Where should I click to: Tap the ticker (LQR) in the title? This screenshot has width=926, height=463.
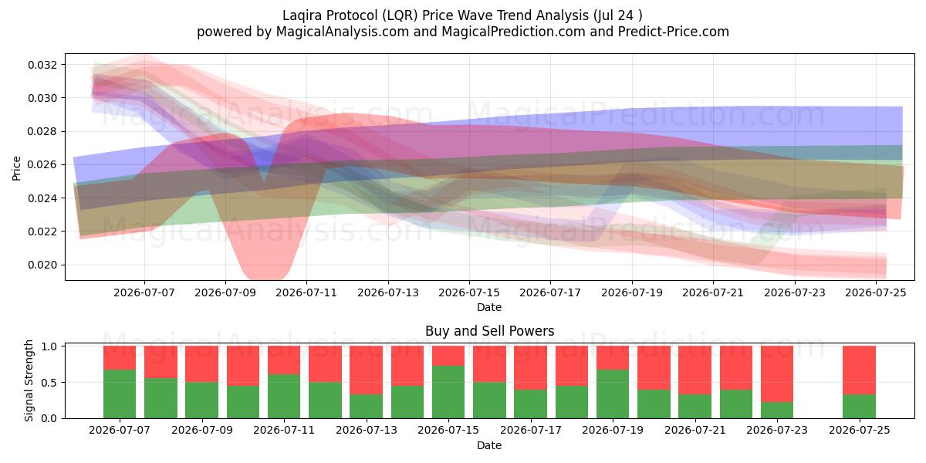point(400,15)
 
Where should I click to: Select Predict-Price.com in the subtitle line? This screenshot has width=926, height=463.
point(674,32)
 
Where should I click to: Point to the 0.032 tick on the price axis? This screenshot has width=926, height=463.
point(42,65)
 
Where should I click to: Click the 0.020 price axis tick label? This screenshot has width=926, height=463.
point(42,265)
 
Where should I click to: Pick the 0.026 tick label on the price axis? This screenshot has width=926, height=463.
point(42,165)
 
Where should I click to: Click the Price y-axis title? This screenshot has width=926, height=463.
point(16,168)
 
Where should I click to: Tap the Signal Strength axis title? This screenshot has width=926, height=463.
point(29,380)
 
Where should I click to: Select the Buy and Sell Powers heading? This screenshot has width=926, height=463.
point(489,331)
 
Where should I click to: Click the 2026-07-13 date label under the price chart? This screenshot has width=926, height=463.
point(387,293)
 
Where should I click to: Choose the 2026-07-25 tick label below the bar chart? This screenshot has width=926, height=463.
point(860,431)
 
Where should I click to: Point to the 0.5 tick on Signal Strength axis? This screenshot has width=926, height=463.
point(49,383)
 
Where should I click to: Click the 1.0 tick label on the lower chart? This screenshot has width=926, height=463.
point(49,346)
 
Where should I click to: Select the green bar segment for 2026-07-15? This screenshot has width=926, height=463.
point(448,392)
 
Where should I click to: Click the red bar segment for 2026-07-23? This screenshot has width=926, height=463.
point(777,374)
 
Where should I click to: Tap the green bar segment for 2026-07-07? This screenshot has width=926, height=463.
point(120,394)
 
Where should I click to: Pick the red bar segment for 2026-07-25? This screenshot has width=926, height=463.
point(859,370)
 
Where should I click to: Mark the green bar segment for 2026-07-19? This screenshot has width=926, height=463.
point(613,394)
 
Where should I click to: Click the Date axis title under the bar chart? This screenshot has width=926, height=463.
point(489,446)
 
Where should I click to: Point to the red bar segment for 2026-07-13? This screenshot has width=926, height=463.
point(367,370)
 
